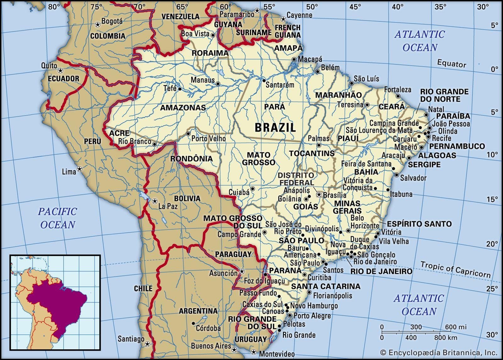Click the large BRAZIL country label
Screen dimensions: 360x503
(x=275, y=128)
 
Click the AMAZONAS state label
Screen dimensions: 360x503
(x=183, y=108)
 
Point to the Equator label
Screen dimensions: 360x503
(x=451, y=64)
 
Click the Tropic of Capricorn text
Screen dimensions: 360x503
(x=455, y=270)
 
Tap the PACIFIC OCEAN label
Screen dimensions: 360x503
(x=58, y=218)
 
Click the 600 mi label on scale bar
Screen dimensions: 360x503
(x=456, y=327)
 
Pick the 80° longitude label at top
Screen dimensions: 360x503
(x=54, y=7)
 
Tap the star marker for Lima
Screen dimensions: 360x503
(x=80, y=169)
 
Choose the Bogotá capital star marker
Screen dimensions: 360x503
(x=98, y=24)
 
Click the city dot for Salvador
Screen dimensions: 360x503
(x=397, y=175)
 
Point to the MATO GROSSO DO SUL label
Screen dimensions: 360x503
(x=233, y=222)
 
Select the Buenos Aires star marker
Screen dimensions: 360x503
(x=234, y=350)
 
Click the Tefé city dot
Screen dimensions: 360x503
(x=180, y=89)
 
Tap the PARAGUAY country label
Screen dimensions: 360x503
(x=233, y=254)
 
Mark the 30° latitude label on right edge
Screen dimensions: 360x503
(x=492, y=334)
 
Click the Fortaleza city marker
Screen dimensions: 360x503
(x=398, y=96)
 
